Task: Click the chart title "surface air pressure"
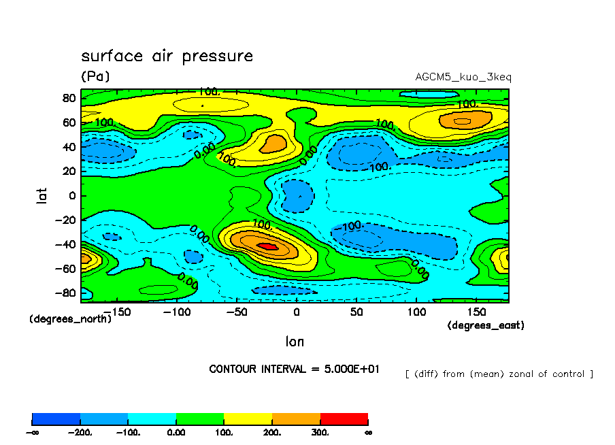pyautogui.click(x=167, y=56)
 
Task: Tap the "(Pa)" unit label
pyautogui.click(x=95, y=76)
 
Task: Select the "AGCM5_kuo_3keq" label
pyautogui.click(x=463, y=77)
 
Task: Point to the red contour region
pyautogui.click(x=267, y=246)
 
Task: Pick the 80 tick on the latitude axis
pyautogui.click(x=68, y=97)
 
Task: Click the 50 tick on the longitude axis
pyautogui.click(x=356, y=311)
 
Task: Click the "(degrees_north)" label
pyautogui.click(x=70, y=318)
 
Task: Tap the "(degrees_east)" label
pyautogui.click(x=486, y=326)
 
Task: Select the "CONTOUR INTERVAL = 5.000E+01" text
pyautogui.click(x=295, y=369)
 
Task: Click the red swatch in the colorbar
pyautogui.click(x=344, y=418)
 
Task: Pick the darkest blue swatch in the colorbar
pyautogui.click(x=56, y=418)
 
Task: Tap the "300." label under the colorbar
pyautogui.click(x=320, y=432)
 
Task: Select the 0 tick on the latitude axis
pyautogui.click(x=71, y=196)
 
